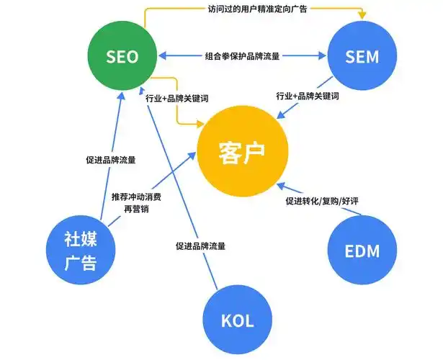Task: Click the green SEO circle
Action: pyautogui.click(x=122, y=56)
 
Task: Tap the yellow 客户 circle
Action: pyautogui.click(x=242, y=153)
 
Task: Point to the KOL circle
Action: pyautogui.click(x=237, y=320)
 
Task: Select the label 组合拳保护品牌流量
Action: pyautogui.click(x=242, y=55)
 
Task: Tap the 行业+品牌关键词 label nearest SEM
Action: pyautogui.click(x=308, y=96)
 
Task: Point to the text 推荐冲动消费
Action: pyautogui.click(x=137, y=196)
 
